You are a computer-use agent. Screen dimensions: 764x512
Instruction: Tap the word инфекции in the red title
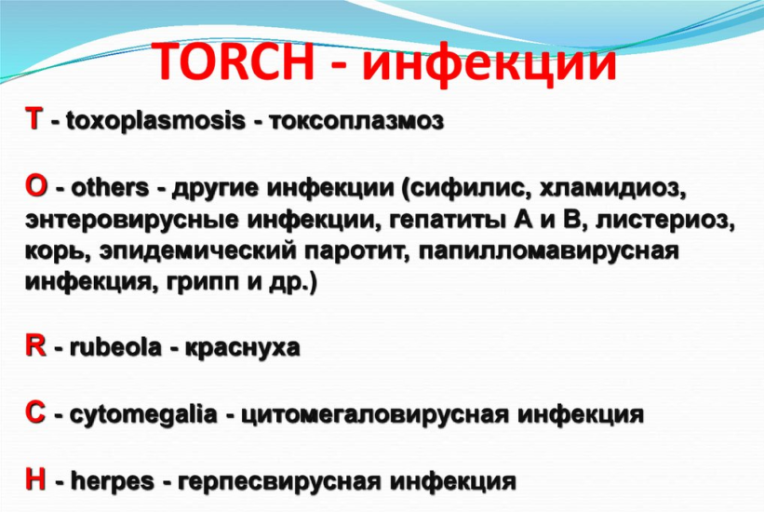(489, 63)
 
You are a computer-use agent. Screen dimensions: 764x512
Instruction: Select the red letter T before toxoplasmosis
(34, 119)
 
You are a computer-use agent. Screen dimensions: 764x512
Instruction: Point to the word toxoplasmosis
(155, 120)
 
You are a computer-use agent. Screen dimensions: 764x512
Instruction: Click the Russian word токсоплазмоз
(356, 121)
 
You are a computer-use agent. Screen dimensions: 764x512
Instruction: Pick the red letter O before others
(36, 187)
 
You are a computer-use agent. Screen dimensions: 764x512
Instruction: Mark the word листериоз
(664, 220)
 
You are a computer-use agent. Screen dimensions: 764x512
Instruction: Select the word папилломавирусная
(548, 251)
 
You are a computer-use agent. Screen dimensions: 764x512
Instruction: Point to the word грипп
(203, 284)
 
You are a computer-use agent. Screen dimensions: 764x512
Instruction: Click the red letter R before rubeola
(35, 346)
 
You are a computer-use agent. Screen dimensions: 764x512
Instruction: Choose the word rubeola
(115, 347)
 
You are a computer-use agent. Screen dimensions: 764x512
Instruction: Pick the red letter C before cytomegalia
(35, 413)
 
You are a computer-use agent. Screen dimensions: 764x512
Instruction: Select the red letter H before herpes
(35, 479)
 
